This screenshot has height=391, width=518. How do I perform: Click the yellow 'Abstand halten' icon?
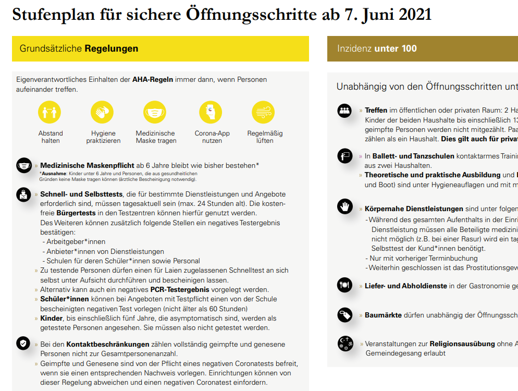pyautogui.click(x=51, y=112)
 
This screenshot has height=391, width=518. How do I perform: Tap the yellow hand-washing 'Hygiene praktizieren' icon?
pyautogui.click(x=103, y=112)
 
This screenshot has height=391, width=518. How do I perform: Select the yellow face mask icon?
pyautogui.click(x=156, y=112)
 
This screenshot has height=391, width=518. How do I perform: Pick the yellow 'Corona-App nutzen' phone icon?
pyautogui.click(x=211, y=112)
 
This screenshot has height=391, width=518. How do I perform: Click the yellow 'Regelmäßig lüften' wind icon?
pyautogui.click(x=264, y=112)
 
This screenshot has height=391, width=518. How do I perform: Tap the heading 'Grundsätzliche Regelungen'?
pyautogui.click(x=79, y=48)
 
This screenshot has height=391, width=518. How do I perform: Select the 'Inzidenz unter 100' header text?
pyautogui.click(x=377, y=48)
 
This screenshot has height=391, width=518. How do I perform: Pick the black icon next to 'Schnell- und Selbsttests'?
pyautogui.click(x=23, y=194)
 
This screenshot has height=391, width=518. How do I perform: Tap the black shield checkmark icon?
pyautogui.click(x=23, y=343)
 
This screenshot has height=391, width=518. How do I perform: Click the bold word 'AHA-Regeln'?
pyautogui.click(x=153, y=79)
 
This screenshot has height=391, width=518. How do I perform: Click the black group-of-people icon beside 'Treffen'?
pyautogui.click(x=345, y=110)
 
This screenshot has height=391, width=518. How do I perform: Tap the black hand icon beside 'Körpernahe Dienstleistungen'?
pyautogui.click(x=345, y=206)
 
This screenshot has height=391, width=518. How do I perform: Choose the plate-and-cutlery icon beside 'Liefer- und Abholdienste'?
pyautogui.click(x=345, y=285)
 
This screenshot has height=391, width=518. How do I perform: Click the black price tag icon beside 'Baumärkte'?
pyautogui.click(x=345, y=314)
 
